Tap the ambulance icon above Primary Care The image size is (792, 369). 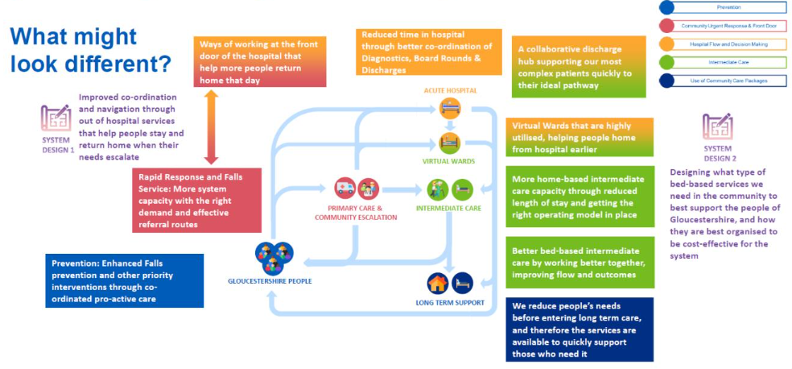pyautogui.click(x=344, y=189)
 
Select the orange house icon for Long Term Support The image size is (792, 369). pyautogui.click(x=439, y=283)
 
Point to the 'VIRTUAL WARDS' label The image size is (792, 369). pyautogui.click(x=448, y=161)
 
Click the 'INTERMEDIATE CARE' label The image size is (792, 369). pyautogui.click(x=449, y=208)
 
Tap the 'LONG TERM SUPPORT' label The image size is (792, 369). pyautogui.click(x=450, y=303)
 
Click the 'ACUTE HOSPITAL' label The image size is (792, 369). pyautogui.click(x=450, y=91)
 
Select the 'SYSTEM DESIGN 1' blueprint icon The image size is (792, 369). pyautogui.click(x=56, y=118)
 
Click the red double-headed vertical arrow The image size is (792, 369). pyautogui.click(x=212, y=126)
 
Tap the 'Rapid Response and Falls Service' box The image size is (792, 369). pyautogui.click(x=196, y=199)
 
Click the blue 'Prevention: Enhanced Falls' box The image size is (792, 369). pyautogui.click(x=124, y=280)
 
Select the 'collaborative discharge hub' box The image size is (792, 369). pyautogui.click(x=577, y=67)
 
